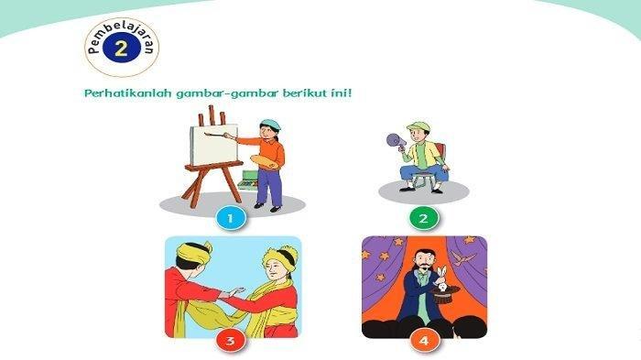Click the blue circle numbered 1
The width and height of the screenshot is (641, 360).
click(x=231, y=218)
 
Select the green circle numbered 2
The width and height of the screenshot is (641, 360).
click(x=423, y=218)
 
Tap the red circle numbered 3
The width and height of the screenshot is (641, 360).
click(x=231, y=341)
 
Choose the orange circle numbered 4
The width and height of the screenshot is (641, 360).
click(x=424, y=341)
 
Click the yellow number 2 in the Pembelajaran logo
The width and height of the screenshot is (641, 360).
click(x=122, y=49)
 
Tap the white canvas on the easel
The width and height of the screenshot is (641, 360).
click(x=214, y=145)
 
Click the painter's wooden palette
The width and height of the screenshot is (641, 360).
click(x=267, y=161)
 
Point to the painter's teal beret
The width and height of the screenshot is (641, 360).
click(x=270, y=125)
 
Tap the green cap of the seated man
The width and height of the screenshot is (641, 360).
click(x=418, y=126)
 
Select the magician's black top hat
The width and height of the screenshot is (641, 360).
click(x=443, y=295)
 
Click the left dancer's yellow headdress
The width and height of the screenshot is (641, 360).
click(x=193, y=251)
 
